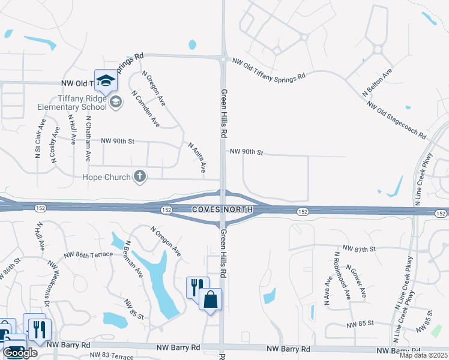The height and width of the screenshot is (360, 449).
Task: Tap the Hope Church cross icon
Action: click(139, 176)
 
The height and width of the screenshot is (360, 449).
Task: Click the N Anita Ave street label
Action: click(197, 157)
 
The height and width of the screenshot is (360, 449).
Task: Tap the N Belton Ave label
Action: click(377, 82)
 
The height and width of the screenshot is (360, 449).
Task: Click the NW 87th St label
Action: click(358, 248)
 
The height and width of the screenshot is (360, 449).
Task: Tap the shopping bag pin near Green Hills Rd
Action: click(211, 299)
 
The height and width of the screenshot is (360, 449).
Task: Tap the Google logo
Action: click(20, 353)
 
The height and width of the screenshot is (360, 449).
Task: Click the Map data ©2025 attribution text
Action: click(423, 355)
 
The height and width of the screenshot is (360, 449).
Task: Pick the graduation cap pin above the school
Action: click(106, 81)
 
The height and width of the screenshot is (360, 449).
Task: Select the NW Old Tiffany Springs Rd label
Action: click(268, 68)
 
